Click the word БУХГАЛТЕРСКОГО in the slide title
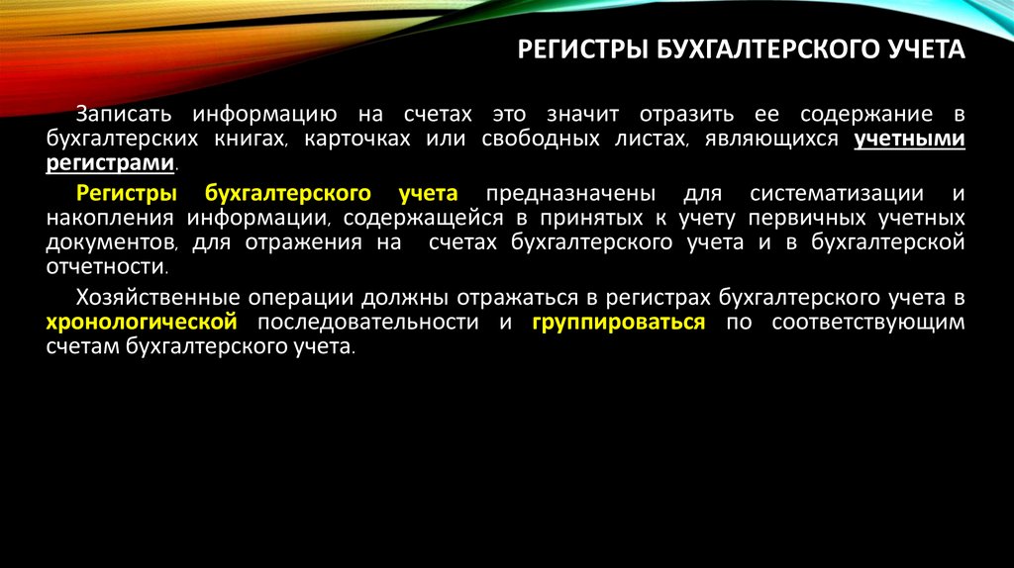tap(757, 49)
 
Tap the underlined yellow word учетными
tap(909, 140)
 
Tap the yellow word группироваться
tap(618, 322)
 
